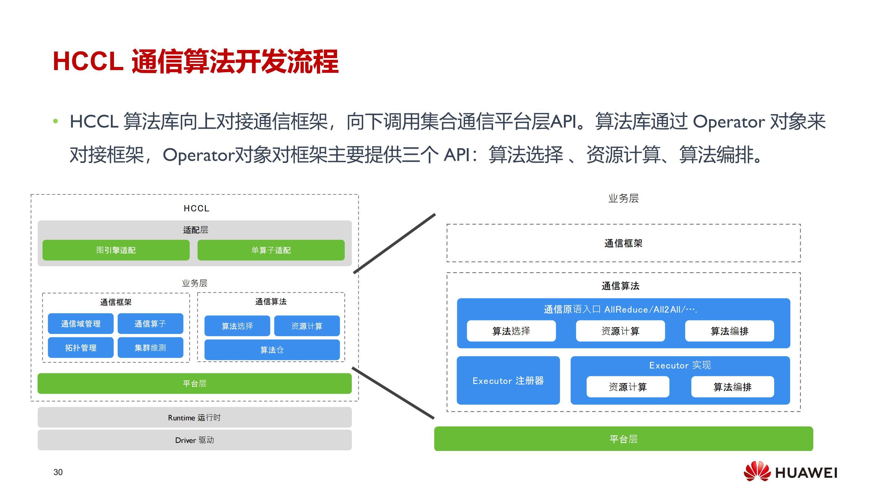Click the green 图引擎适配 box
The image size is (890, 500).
pos(116,250)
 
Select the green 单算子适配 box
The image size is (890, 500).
pos(271,250)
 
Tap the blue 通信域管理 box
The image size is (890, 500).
pos(81,323)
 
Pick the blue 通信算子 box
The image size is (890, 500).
pos(150,323)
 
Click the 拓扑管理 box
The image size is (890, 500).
pos(81,347)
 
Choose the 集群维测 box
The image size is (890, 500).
pos(150,347)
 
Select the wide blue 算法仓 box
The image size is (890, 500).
pos(272,350)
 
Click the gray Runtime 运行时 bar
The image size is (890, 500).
pos(195,418)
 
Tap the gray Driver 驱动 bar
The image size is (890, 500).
pos(195,440)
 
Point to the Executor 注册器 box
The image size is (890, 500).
pos(508,381)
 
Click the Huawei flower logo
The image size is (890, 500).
pos(757,471)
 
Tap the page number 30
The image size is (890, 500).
pos(58,472)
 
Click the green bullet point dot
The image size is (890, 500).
pos(56,121)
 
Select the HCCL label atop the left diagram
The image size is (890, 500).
pos(196,208)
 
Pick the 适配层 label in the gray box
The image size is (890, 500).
pos(196,230)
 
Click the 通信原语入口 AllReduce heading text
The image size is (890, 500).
pos(620,309)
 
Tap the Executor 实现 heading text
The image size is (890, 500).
pos(680,365)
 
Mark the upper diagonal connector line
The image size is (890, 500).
pos(394,244)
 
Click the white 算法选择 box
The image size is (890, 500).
pos(511,331)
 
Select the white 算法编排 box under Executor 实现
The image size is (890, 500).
pos(732,387)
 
